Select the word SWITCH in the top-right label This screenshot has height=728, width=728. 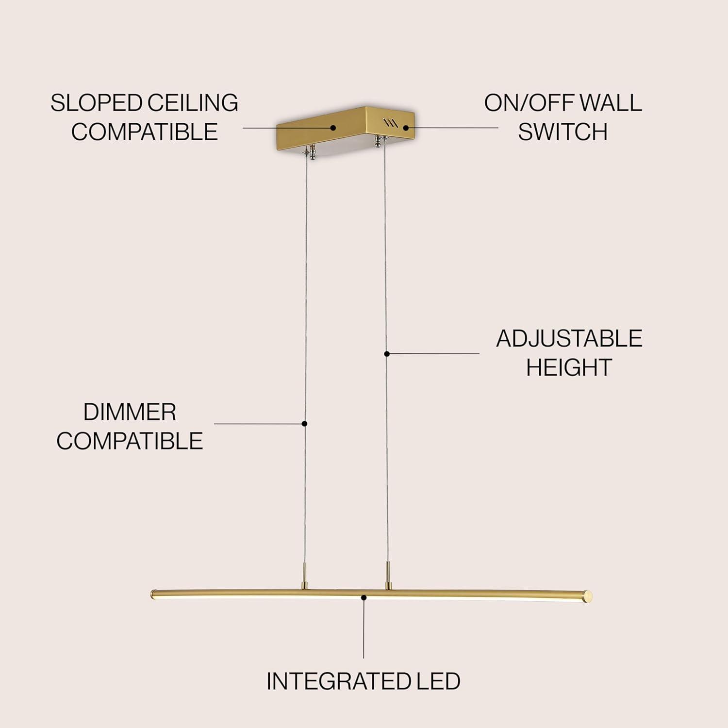coord(563,132)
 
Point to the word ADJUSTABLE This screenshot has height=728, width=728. coord(569,339)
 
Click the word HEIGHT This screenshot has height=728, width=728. coord(568,367)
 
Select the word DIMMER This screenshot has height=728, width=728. coord(130,413)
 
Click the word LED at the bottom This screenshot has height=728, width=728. coord(438,681)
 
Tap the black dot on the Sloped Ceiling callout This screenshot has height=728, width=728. coord(333,128)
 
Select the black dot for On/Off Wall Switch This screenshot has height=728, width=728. coord(406,128)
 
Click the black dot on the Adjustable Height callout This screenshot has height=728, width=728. coord(387,354)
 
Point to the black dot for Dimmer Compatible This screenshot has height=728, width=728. coord(304,424)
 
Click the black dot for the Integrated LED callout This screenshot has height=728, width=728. coord(364,597)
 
